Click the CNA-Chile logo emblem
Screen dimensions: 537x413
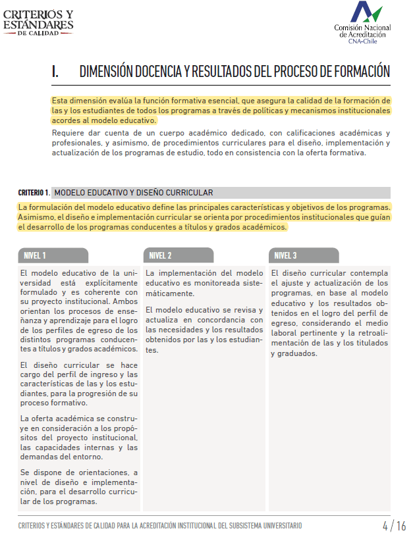coord(366,13)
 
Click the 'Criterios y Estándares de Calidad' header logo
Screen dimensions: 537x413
coord(38,22)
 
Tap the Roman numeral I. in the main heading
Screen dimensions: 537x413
coord(55,72)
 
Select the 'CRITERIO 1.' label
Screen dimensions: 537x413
coord(34,193)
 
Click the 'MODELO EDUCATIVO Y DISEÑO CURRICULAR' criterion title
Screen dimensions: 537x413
coord(133,193)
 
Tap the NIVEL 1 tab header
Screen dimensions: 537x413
coord(35,255)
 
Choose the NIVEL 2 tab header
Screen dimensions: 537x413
coord(160,255)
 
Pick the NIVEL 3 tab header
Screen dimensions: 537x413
coord(285,255)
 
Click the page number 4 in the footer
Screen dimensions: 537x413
coord(385,526)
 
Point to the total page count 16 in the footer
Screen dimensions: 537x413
coord(401,526)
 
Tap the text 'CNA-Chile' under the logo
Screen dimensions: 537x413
coord(363,41)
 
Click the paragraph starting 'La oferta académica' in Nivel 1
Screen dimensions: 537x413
coord(79,438)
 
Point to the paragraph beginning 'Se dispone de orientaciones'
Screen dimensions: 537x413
coord(79,486)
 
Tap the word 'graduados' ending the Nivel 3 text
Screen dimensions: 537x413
coord(294,353)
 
